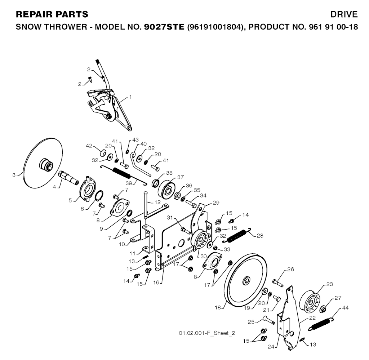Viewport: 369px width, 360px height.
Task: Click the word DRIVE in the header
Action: (x=345, y=14)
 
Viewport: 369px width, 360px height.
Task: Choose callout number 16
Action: (x=156, y=283)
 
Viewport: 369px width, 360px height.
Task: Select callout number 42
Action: (x=89, y=146)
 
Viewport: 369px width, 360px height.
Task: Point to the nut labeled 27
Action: (x=323, y=309)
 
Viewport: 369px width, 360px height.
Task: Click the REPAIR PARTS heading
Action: (x=52, y=14)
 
